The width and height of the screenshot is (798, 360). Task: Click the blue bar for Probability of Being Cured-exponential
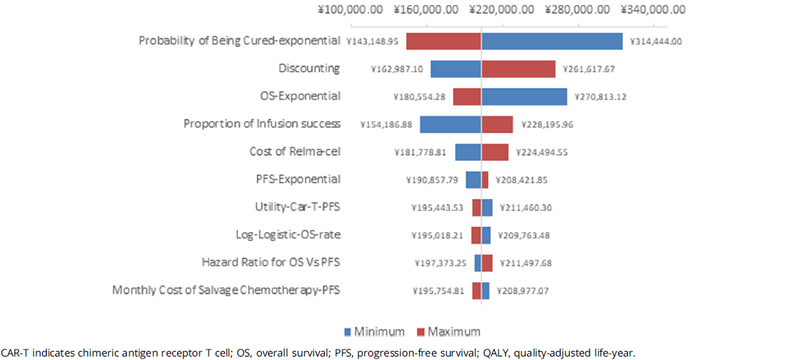point(552,41)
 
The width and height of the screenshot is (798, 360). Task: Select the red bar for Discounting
point(518,69)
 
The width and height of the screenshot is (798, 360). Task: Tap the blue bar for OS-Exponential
point(524,96)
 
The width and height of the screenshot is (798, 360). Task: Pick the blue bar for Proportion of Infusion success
point(450,124)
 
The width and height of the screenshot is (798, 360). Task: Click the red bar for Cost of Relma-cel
point(495,152)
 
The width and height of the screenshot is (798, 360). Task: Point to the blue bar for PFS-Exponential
point(473,179)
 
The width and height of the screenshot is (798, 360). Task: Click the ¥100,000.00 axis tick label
point(350,10)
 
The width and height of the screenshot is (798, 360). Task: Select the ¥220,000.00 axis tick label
point(501,10)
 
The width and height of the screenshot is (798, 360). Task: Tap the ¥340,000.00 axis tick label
point(653,10)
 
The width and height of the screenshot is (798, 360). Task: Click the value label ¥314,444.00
point(656,41)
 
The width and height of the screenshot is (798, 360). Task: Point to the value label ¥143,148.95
point(372,41)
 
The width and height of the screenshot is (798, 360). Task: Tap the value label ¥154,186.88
point(386,124)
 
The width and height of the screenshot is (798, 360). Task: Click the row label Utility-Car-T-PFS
point(297,207)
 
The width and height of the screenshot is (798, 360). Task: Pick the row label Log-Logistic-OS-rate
point(288,235)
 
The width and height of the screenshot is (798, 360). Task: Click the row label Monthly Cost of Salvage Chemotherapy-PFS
point(226,290)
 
